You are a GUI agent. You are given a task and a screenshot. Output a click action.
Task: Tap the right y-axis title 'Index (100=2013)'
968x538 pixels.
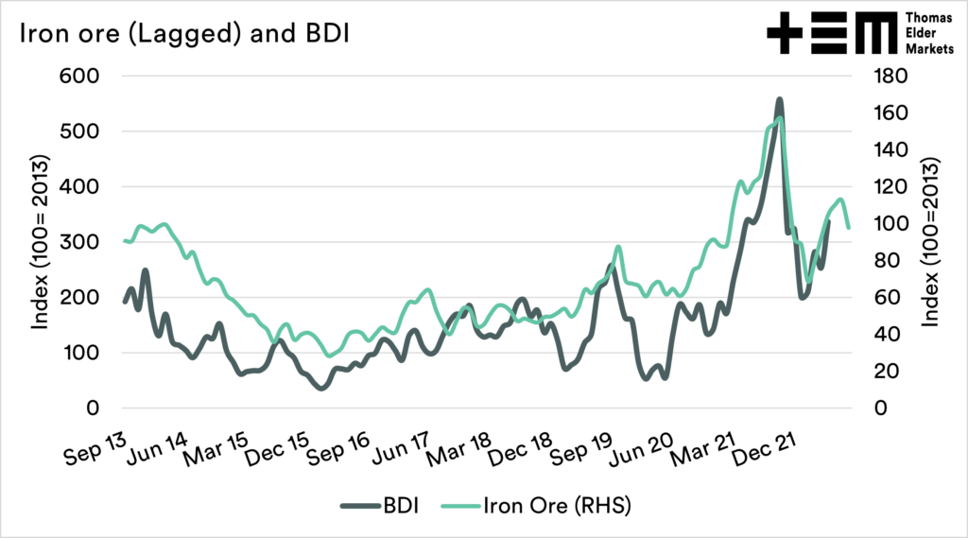tap(930, 242)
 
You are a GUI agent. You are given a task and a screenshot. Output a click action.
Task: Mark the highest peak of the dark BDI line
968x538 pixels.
tap(779, 99)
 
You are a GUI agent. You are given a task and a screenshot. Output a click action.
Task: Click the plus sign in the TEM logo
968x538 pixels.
tap(783, 34)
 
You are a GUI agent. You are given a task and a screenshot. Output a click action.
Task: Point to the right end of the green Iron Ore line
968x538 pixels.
tap(848, 228)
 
